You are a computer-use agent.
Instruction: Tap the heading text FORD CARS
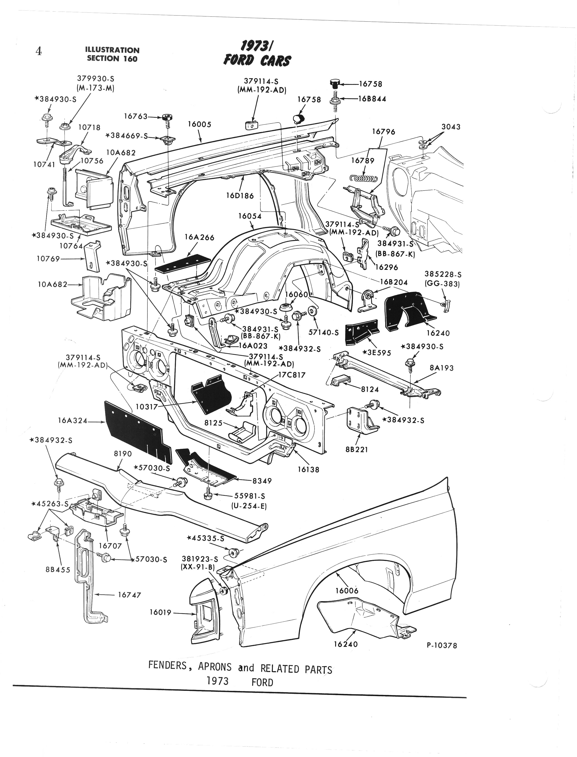pyautogui.click(x=257, y=61)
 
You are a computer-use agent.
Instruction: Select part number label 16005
pyautogui.click(x=199, y=124)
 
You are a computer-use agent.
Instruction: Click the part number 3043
pyautogui.click(x=451, y=127)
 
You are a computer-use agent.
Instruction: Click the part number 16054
pyautogui.click(x=250, y=216)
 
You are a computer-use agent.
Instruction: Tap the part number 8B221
pyautogui.click(x=357, y=450)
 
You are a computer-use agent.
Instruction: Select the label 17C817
pyautogui.click(x=292, y=375)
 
